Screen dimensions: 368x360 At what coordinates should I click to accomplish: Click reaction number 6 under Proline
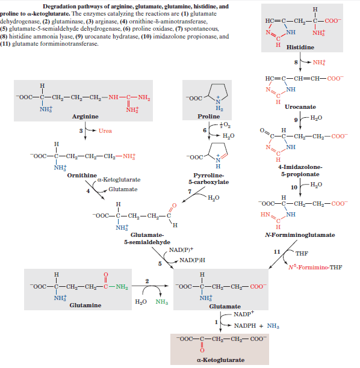pyautogui.click(x=205, y=130)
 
